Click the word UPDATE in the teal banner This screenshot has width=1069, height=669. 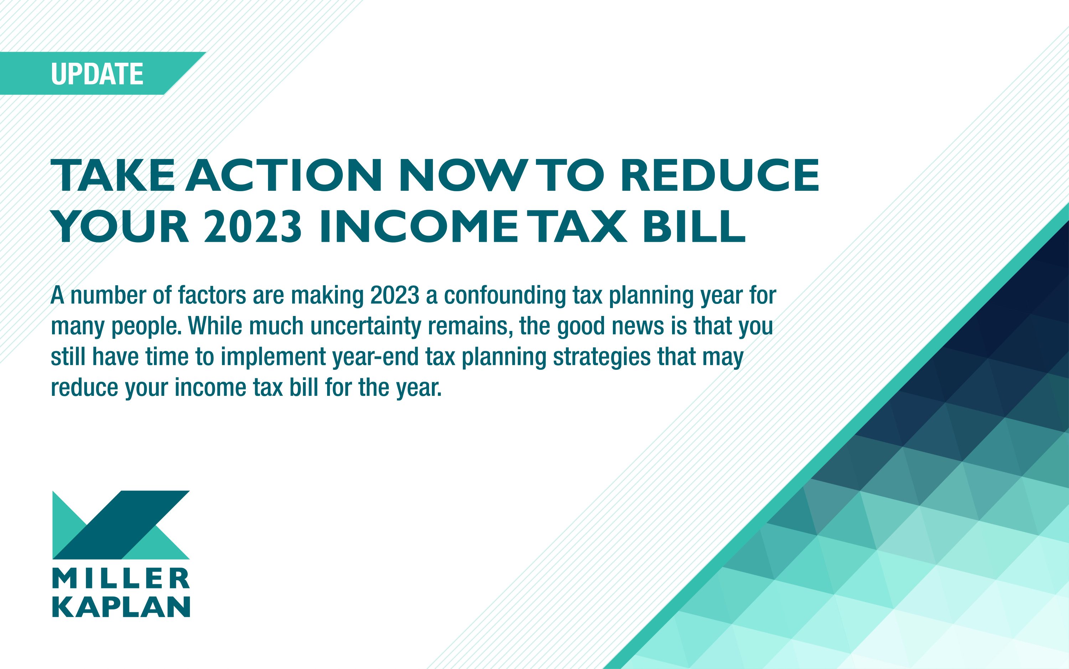click(x=97, y=73)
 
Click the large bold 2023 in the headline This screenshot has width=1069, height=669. click(x=253, y=226)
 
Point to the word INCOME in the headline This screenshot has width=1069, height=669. click(x=418, y=226)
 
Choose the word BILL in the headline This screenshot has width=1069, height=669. click(x=694, y=226)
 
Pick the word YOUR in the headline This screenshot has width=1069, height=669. click(x=120, y=226)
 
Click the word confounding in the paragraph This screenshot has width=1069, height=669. click(x=505, y=295)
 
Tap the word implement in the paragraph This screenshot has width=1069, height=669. click(x=273, y=357)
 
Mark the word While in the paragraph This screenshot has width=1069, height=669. click(x=215, y=326)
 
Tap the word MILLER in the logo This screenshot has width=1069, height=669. click(x=121, y=578)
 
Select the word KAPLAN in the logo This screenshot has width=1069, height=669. click(x=121, y=607)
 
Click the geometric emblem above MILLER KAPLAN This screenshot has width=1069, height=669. click(x=121, y=525)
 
